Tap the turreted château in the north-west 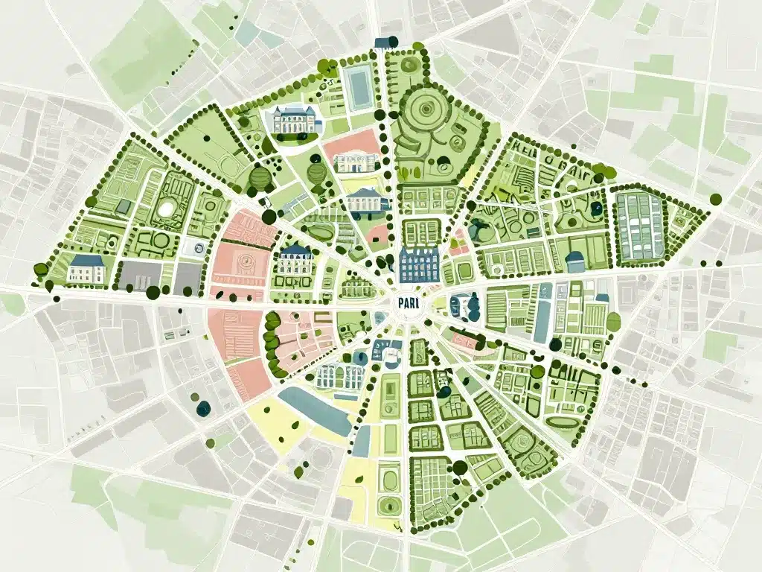coord(293,121)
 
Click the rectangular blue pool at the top coord(359,88)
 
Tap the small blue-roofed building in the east coord(575,261)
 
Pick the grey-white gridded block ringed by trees coord(638,226)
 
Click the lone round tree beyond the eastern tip coord(716,199)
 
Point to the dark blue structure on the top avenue coord(384,42)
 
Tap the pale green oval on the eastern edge coord(613,322)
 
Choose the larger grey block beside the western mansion coord(141,275)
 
